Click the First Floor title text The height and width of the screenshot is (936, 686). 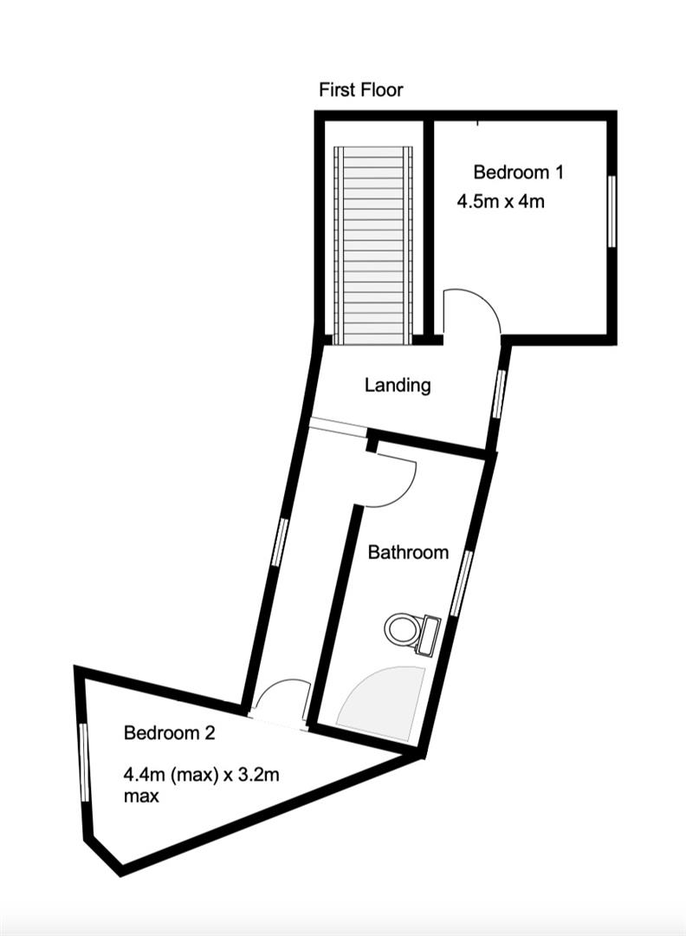click(361, 90)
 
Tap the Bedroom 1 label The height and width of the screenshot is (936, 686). click(518, 172)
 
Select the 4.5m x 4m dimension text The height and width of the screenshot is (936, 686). click(501, 202)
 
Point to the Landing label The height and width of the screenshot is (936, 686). click(398, 385)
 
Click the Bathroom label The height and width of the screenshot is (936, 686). click(408, 552)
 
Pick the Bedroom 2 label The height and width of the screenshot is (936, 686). click(169, 732)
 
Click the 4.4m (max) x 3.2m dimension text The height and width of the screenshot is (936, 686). click(201, 776)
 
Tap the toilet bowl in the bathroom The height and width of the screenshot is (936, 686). click(401, 630)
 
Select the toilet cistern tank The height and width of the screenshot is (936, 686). click(428, 636)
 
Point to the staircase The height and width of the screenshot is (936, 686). click(372, 244)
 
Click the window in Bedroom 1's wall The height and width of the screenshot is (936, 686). click(611, 211)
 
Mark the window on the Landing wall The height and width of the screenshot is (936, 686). click(499, 393)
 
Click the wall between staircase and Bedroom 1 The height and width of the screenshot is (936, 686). click(427, 230)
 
